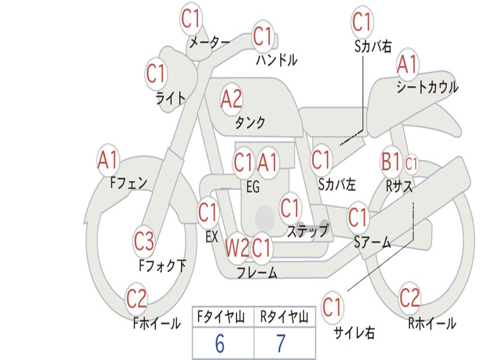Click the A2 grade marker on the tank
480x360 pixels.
232,99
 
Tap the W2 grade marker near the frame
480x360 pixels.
237,247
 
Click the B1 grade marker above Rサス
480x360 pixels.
391,161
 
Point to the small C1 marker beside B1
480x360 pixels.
411,164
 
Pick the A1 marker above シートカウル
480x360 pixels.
407,65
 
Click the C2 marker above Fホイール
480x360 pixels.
136,299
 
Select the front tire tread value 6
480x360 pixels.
220,344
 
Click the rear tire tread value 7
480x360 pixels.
281,344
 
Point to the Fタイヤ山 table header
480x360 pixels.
221,317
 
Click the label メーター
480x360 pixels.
210,43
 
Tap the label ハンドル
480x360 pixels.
277,60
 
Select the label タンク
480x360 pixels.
250,122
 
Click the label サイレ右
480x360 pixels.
354,333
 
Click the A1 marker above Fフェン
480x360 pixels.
108,160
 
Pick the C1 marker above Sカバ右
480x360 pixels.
362,22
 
